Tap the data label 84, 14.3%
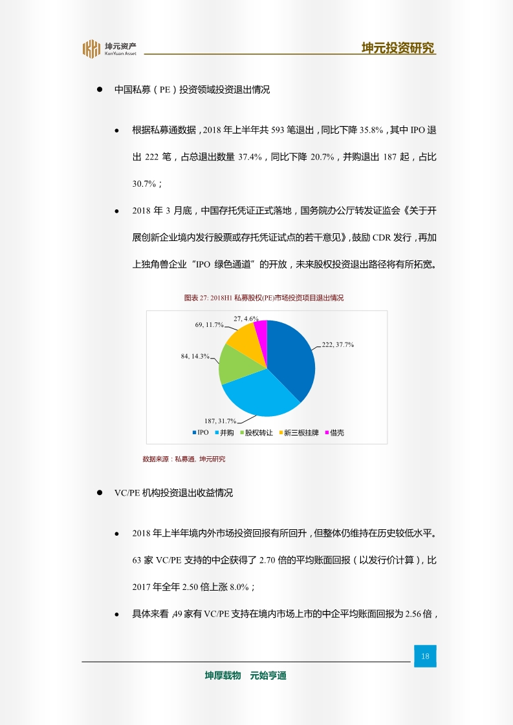195,356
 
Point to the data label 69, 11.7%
209,325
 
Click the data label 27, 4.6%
246,319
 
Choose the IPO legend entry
200,432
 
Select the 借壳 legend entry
334,432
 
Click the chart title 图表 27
264,298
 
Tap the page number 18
425,657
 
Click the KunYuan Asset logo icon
91,49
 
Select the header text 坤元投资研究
398,48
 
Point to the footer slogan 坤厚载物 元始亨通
245,676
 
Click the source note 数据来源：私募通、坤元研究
184,459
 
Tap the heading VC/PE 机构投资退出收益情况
173,492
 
